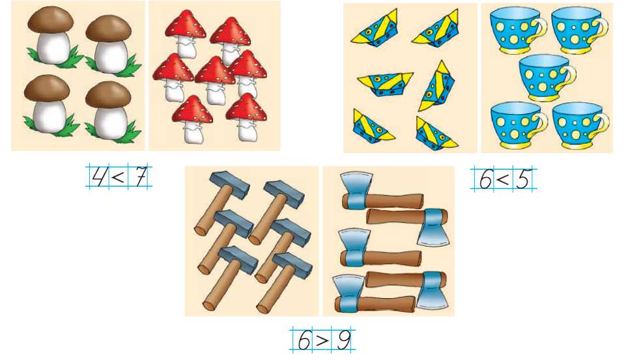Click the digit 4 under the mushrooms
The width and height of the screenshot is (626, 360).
98,176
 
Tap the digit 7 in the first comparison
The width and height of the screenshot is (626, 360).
141,176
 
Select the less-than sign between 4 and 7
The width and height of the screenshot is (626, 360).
118,176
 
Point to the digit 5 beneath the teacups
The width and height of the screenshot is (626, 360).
523,180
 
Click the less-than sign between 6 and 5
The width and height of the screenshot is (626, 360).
503,180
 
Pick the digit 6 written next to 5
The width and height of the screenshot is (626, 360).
485,180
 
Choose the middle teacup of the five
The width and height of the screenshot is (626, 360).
547,78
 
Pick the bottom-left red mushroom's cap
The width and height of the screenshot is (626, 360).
192,109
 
